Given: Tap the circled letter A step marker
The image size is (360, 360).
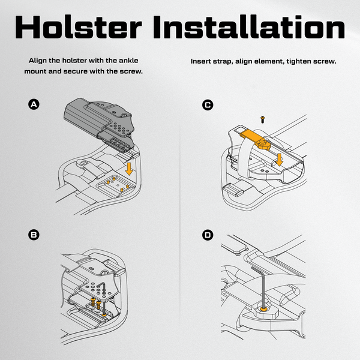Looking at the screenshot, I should tap(34, 104).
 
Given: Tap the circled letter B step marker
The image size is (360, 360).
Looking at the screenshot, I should tap(34, 235).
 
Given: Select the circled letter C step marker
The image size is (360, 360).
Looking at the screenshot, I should tap(208, 104).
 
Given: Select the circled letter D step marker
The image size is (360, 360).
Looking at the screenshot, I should tap(208, 235).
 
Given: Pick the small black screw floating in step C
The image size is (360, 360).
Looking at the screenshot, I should tap(262, 120).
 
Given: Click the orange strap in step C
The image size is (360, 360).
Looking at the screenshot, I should tap(249, 138).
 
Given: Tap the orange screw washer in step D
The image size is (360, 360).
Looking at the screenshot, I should tap(263, 308).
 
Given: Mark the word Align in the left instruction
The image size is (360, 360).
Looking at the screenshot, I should tap(38, 61).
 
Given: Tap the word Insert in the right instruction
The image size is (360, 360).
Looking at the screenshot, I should tap(203, 61).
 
